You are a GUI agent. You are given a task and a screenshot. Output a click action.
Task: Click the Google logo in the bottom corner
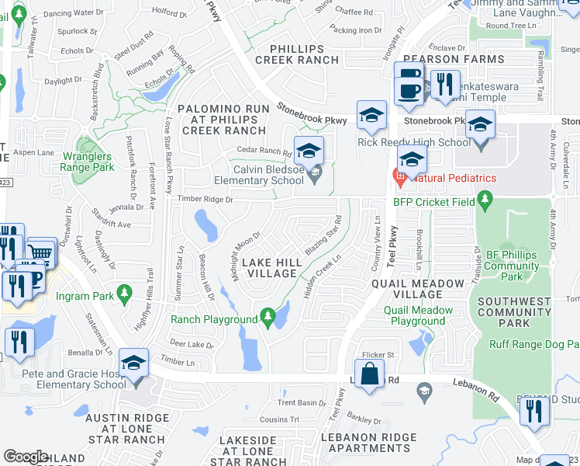coord(26,457)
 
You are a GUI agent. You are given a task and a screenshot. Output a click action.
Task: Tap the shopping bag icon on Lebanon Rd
coord(371,373)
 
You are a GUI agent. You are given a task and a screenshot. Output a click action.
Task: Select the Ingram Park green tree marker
coord(123,294)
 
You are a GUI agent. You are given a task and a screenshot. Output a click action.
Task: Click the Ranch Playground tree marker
coord(268,316)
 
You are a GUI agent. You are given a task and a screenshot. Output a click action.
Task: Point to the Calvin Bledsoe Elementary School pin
coord(314,177)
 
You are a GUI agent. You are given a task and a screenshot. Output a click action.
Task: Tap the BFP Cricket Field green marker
coord(485,202)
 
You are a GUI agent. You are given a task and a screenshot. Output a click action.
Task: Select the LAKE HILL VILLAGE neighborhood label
coord(270,268)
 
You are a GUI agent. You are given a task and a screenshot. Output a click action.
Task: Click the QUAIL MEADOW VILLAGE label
coord(418,289)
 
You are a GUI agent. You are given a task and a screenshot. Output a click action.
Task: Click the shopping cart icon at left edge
coord(40,252)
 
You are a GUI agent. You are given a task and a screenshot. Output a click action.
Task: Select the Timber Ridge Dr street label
coord(205,200)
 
